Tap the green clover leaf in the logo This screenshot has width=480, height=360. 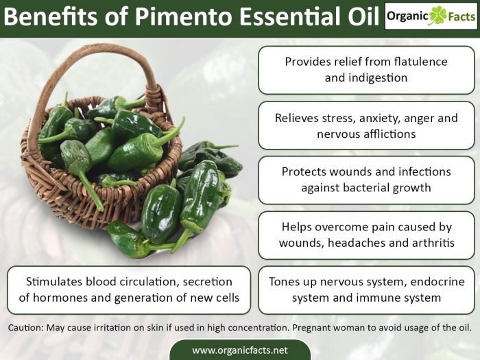click(437, 16)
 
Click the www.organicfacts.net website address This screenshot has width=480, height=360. click(239, 350)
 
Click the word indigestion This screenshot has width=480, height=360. click(376, 77)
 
